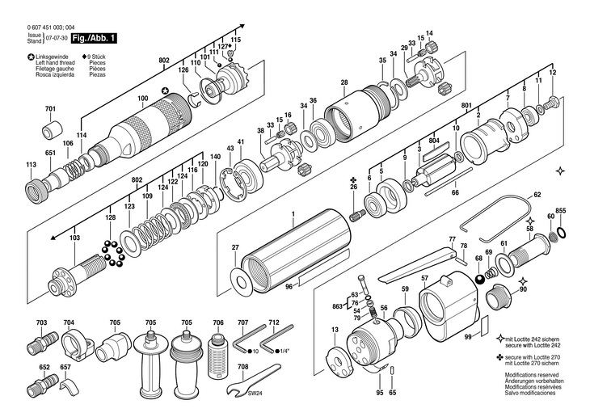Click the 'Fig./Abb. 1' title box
[x=95, y=38]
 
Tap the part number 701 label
[x=50, y=109]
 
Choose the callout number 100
[x=142, y=99]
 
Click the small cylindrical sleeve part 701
[x=53, y=129]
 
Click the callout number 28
[x=344, y=82]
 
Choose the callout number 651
[x=50, y=153]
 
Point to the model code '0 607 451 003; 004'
[x=54, y=29]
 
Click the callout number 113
[x=31, y=165]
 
